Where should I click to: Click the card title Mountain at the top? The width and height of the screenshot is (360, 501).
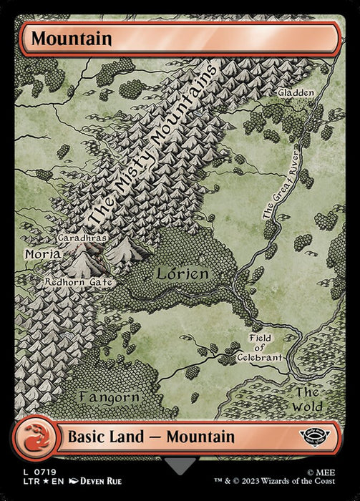[71, 39]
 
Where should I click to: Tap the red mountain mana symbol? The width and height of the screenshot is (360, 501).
[34, 437]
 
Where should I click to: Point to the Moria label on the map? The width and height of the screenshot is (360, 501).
[42, 253]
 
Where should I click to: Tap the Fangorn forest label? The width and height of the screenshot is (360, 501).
[108, 395]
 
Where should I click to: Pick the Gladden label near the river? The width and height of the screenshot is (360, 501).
[294, 94]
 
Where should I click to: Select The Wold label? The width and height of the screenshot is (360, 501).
[308, 399]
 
